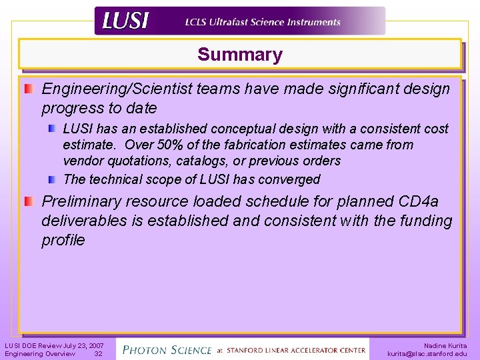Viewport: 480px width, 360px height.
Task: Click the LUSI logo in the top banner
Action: pyautogui.click(x=125, y=21)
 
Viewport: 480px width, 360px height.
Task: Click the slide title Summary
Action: pyautogui.click(x=240, y=55)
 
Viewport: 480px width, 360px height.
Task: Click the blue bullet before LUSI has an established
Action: pyautogui.click(x=52, y=128)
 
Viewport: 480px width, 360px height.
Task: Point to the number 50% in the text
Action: pyautogui.click(x=173, y=145)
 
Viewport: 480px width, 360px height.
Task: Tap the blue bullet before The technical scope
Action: pyautogui.click(x=52, y=179)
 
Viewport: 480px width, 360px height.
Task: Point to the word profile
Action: pyautogui.click(x=63, y=240)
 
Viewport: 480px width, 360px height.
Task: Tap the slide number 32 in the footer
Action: pyautogui.click(x=98, y=354)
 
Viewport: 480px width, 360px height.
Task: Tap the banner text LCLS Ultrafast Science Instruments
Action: pyautogui.click(x=263, y=22)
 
